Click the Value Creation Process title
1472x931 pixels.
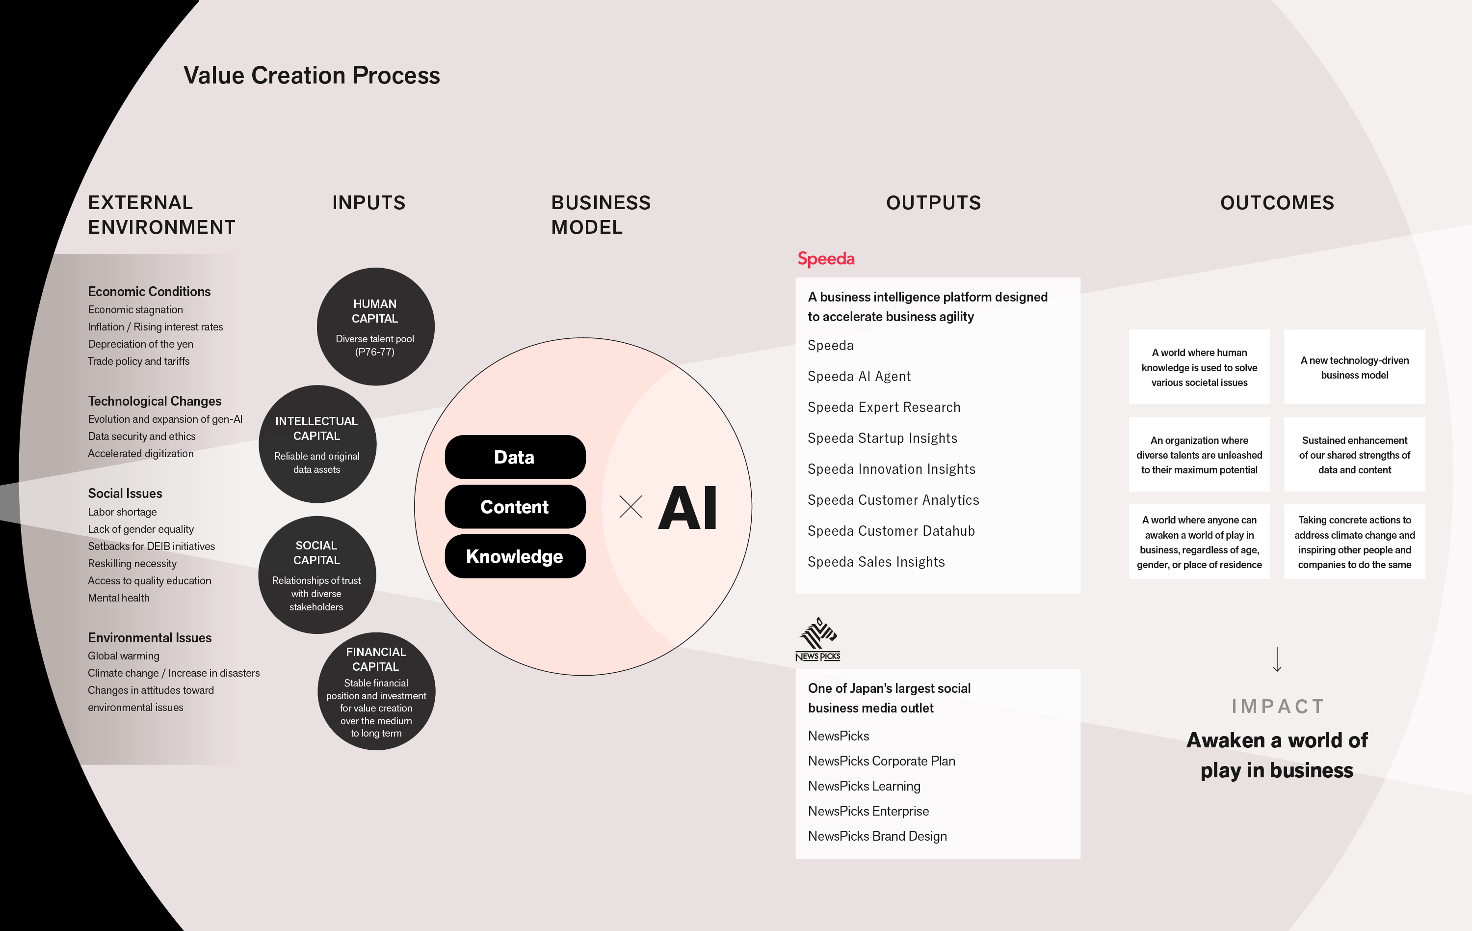[311, 75]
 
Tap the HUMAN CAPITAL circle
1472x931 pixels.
[375, 327]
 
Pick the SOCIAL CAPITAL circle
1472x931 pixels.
[316, 575]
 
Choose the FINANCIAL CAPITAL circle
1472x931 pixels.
[376, 691]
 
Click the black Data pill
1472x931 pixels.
[515, 457]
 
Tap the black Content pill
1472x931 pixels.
[515, 506]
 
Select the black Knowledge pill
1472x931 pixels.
[515, 556]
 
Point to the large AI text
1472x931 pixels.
[688, 508]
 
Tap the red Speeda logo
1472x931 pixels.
[826, 259]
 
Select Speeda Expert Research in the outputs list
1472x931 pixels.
[883, 408]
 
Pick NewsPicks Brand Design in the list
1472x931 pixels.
[877, 836]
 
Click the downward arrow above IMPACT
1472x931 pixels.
[1277, 659]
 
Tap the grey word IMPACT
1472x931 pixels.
[1278, 707]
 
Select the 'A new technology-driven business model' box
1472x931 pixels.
[1354, 367]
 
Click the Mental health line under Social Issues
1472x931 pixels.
[119, 598]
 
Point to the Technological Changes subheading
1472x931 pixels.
[155, 401]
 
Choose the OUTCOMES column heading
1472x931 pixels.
[1277, 202]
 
